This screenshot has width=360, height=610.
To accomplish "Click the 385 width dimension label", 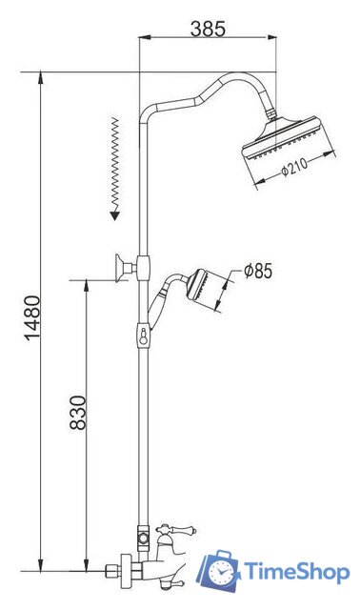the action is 208,29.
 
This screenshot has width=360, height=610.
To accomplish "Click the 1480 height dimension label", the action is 32,317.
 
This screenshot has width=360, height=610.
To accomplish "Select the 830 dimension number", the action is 78,413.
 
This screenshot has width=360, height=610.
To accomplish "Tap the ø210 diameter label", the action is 294,167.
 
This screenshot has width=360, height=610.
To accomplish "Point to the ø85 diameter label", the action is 258,271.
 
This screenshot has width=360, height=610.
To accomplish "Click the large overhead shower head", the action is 284,138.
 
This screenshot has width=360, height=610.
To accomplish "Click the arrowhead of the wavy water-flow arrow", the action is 114,215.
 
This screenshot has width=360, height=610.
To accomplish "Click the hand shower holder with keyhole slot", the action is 144,335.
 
